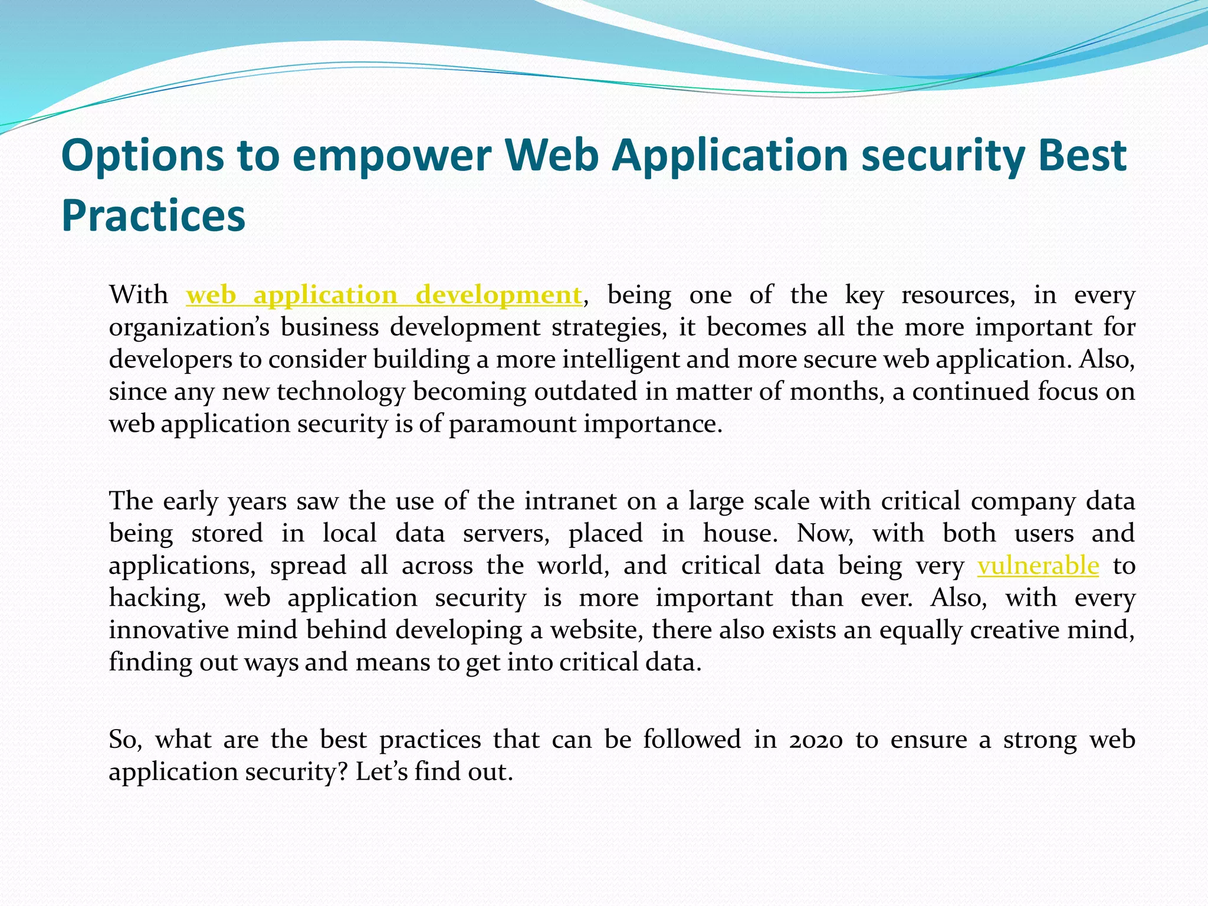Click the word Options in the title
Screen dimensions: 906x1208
click(x=142, y=156)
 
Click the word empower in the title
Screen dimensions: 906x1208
click(x=391, y=156)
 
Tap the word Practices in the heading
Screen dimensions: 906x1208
click(x=153, y=216)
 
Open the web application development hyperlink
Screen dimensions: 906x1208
click(x=384, y=295)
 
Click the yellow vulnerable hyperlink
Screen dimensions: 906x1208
click(x=1038, y=566)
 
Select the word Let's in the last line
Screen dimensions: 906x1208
click(x=381, y=772)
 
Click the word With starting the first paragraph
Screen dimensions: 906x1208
click(x=139, y=295)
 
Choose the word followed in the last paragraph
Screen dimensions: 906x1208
click(x=692, y=740)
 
